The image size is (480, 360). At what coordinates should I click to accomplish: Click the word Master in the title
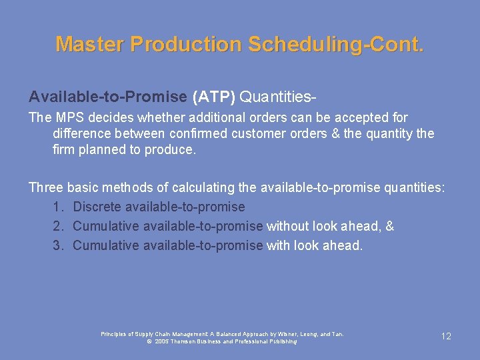click(x=90, y=44)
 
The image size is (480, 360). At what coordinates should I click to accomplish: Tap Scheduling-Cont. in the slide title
click(x=335, y=44)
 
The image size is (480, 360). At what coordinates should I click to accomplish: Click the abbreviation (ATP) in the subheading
click(x=213, y=97)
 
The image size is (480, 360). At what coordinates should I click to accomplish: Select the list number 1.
click(x=58, y=207)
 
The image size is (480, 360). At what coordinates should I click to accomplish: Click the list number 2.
click(x=58, y=226)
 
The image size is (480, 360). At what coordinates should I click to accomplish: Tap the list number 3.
click(x=58, y=245)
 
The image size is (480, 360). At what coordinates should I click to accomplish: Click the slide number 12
click(x=446, y=336)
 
